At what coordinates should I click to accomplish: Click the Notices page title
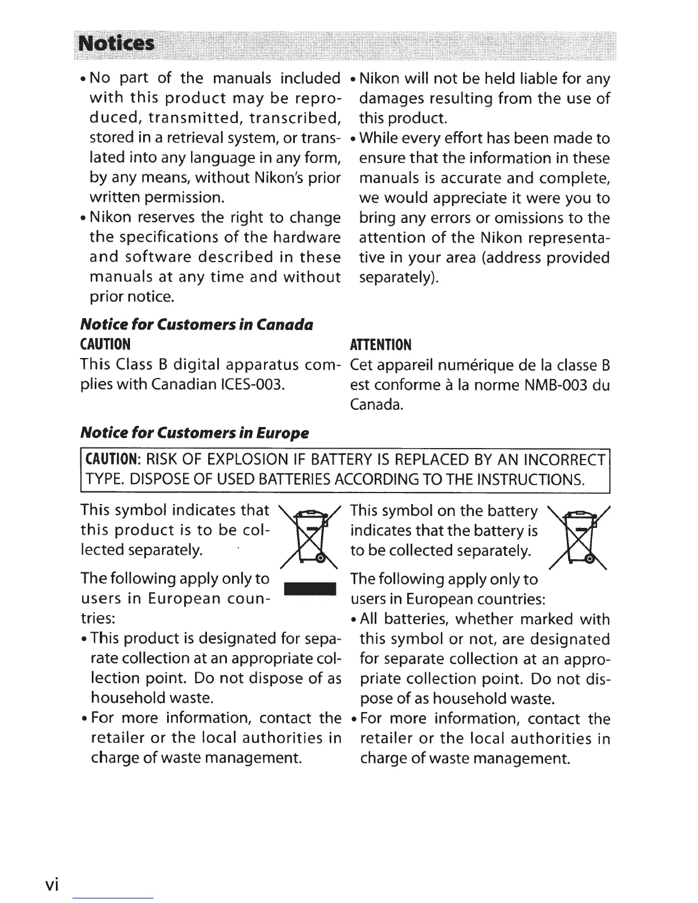coord(116,44)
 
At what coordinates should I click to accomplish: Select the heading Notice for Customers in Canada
coord(197,324)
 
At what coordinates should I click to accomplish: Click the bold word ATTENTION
coord(379,344)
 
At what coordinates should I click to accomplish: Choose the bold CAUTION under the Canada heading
coord(106,344)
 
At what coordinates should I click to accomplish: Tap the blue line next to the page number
coord(113,898)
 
